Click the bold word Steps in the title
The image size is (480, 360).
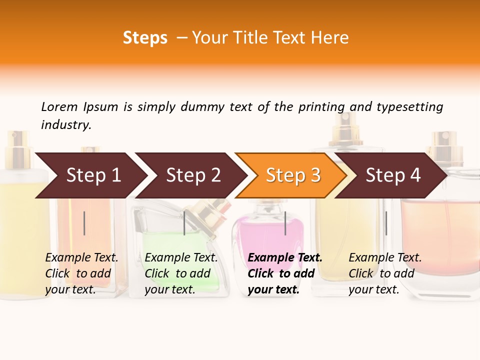click(145, 38)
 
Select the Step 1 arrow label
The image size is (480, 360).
click(93, 175)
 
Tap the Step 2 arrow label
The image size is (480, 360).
click(193, 175)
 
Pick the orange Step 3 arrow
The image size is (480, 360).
click(293, 175)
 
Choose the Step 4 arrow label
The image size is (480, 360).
click(393, 175)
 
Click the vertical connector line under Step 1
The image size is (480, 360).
click(84, 223)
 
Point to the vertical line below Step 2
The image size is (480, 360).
click(184, 223)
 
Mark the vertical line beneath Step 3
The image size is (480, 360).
click(285, 223)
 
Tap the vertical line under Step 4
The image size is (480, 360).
click(386, 223)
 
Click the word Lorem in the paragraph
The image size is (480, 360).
click(59, 107)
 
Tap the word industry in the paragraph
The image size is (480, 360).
click(66, 125)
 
